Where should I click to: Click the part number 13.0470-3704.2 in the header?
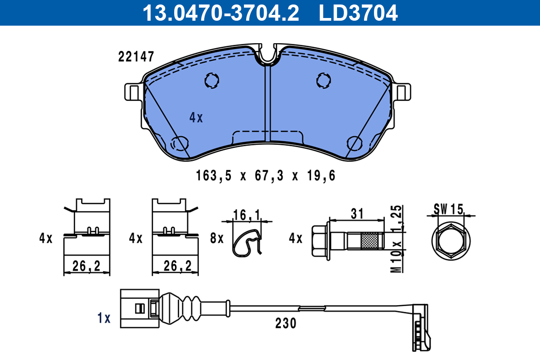tap(221, 13)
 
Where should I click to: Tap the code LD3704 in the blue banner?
tap(358, 13)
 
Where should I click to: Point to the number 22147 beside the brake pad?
tap(136, 57)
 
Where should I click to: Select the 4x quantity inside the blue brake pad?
tap(196, 117)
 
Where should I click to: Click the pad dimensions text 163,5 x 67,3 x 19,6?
tap(265, 175)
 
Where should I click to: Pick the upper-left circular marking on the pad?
tap(211, 80)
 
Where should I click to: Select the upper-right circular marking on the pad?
tap(324, 80)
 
